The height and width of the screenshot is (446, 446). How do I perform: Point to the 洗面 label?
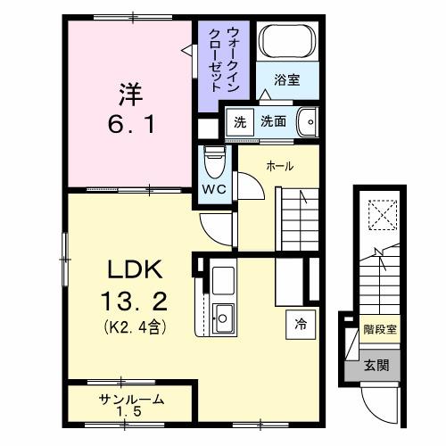273,121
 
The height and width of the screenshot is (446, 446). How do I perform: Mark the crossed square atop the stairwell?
378,213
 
